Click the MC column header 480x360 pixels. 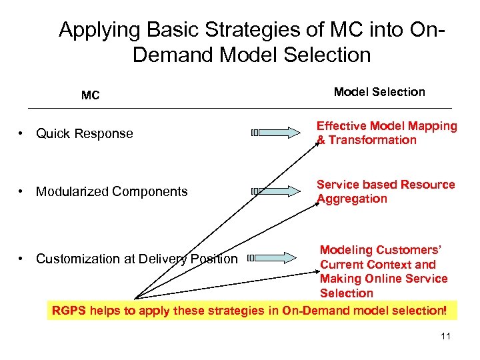click(x=90, y=95)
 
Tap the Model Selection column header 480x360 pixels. click(x=379, y=92)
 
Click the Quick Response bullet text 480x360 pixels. click(x=85, y=133)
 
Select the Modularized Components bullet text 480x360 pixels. click(x=112, y=192)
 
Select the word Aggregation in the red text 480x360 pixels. click(x=351, y=199)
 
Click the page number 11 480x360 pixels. click(x=445, y=336)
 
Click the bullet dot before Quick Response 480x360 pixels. click(x=22, y=133)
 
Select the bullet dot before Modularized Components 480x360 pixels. click(x=22, y=192)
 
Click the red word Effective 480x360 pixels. click(x=341, y=126)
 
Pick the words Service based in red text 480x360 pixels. click(x=353, y=185)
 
